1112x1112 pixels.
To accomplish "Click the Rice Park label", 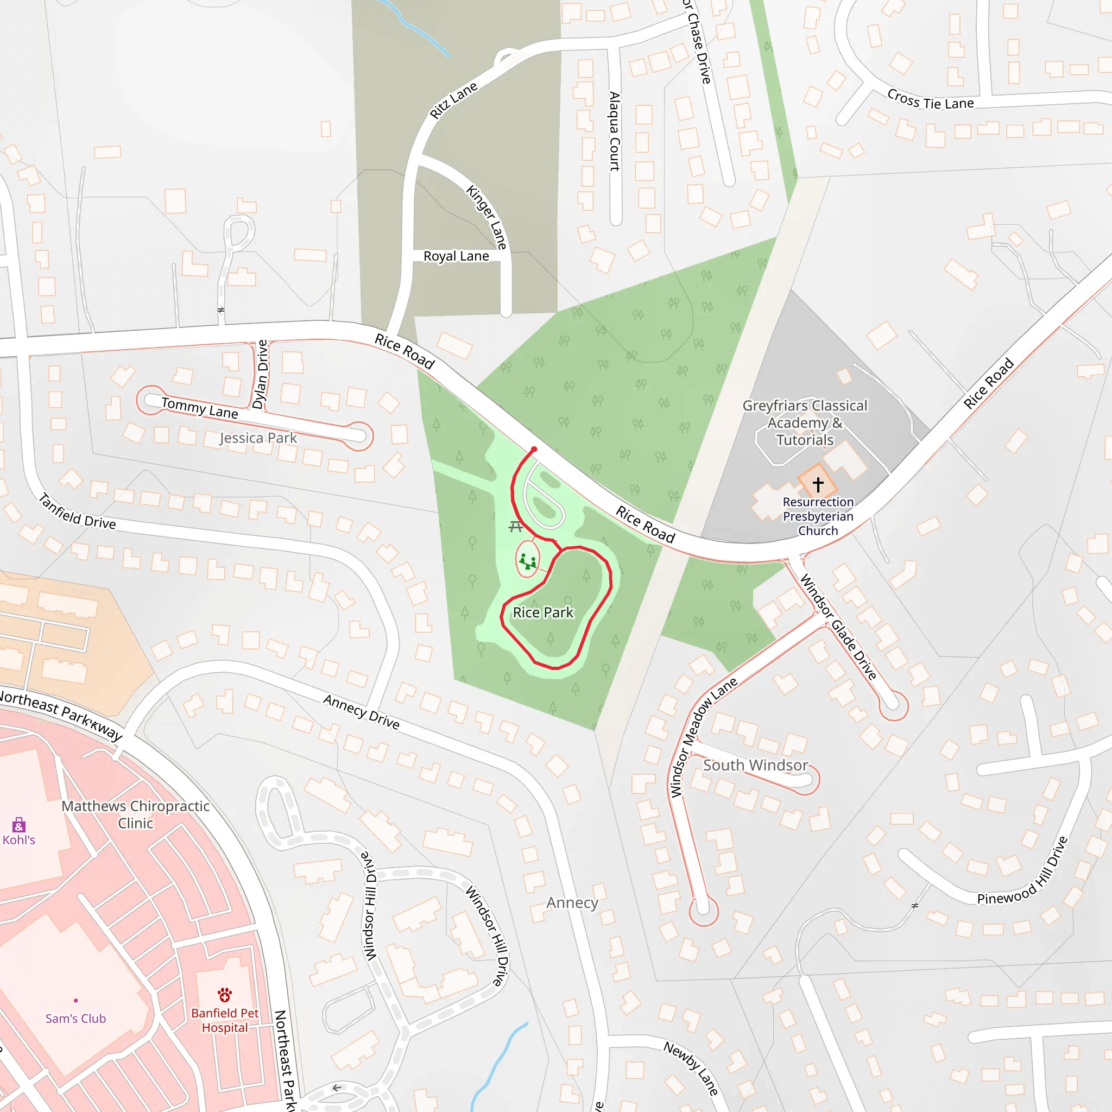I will point(543,612).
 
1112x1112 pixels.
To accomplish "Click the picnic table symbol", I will point(516,526).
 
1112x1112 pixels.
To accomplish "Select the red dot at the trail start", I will point(534,450).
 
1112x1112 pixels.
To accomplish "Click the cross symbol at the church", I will point(818,484).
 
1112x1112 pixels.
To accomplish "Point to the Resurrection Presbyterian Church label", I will point(818,516).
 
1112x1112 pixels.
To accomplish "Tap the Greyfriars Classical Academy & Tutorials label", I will point(805,423).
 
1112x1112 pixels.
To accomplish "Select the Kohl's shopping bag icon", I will point(19,825).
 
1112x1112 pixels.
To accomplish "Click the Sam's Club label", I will point(75,1018).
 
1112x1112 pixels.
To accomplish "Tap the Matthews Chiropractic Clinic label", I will point(135,814).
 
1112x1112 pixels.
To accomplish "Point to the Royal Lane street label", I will point(457,256).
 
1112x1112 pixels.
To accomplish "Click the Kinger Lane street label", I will point(487,217).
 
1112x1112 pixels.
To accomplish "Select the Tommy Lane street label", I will point(199,408).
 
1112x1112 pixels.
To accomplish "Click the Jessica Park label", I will point(258,438).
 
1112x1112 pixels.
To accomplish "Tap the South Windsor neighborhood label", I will point(755,766).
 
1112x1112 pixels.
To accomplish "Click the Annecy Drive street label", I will point(362,712).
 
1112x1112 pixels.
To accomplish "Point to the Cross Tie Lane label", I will point(930,100).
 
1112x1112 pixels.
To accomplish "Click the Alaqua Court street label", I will point(615,131).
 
